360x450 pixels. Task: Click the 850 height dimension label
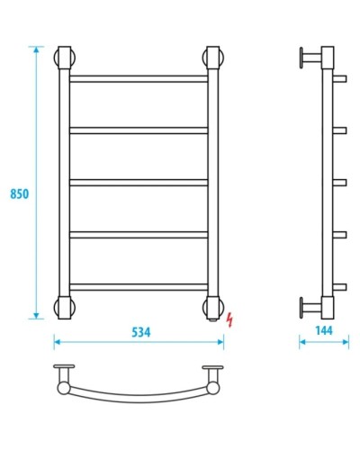coord(18,193)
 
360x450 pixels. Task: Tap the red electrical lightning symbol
coord(232,319)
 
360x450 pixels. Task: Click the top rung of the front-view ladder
coord(139,79)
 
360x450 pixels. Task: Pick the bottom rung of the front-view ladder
coord(139,287)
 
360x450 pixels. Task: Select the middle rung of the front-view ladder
coord(139,183)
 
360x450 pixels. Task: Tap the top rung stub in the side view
coord(340,79)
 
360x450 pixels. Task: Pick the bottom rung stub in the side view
coord(340,287)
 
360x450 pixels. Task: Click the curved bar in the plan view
coord(139,398)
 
